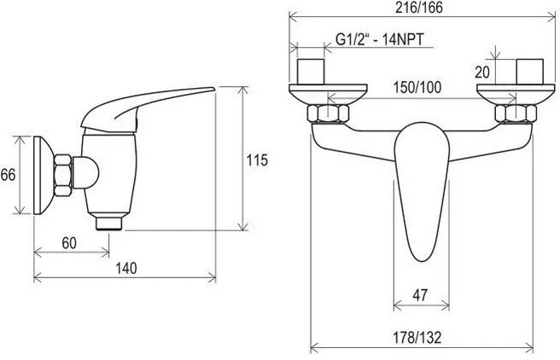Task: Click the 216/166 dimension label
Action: [x=419, y=8]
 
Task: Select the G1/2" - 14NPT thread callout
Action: [x=380, y=39]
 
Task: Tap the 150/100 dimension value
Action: [x=417, y=87]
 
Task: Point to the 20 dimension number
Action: [x=482, y=73]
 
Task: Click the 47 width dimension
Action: [x=420, y=295]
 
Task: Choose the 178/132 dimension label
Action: [x=417, y=337]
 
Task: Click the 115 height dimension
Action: [x=257, y=160]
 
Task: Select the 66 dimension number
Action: [x=8, y=175]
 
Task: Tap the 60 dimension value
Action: [x=69, y=243]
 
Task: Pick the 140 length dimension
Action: [x=125, y=269]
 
